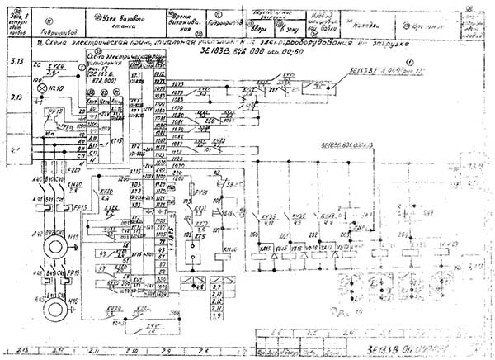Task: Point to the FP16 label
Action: (72, 272)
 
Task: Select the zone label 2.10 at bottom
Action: (129, 350)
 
